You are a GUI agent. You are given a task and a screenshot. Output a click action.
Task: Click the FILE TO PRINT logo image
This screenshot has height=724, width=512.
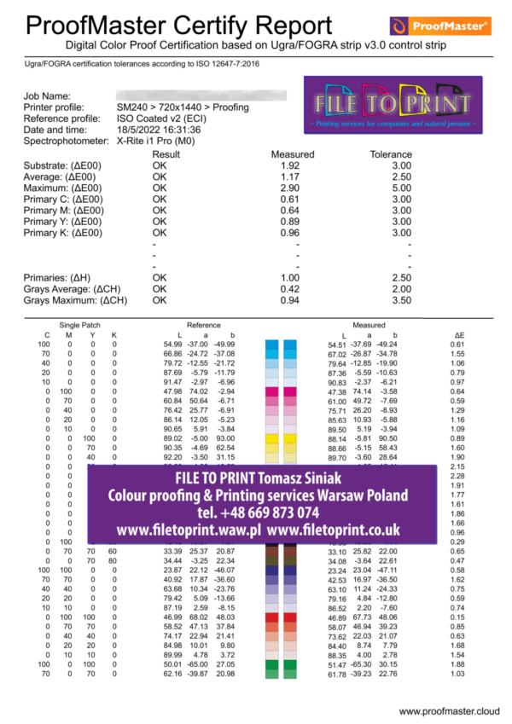point(393,107)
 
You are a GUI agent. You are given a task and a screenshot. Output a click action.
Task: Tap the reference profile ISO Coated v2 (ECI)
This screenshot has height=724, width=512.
point(166,118)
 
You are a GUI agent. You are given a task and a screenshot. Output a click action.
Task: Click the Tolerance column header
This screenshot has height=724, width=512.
point(390,154)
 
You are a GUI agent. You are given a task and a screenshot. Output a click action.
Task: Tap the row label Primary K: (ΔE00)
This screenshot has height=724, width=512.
point(63,232)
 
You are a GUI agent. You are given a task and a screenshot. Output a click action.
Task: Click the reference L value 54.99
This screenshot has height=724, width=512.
point(174,344)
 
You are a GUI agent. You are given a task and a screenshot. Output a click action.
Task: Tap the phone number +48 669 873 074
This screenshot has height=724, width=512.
point(257,513)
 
